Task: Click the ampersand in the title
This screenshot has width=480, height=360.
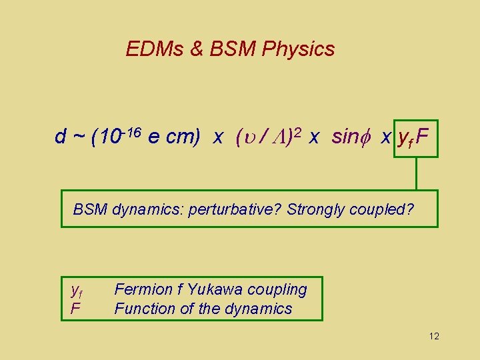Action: pos(196,49)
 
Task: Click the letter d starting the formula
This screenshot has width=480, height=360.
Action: pos(61,137)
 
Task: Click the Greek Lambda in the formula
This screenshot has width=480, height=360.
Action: pos(281,137)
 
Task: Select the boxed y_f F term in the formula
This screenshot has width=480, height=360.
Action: pos(415,138)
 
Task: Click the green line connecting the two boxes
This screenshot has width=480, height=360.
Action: pos(416,173)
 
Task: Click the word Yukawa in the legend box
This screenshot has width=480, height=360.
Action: pos(215,289)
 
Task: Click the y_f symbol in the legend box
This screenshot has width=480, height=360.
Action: pos(76,291)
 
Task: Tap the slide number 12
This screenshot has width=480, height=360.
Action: pos(434,336)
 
